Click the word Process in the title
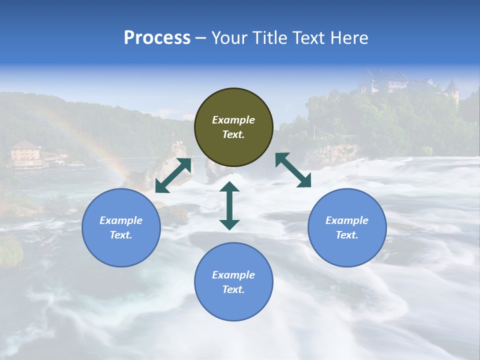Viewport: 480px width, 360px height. coord(157,38)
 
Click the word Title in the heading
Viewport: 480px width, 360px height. coord(268,38)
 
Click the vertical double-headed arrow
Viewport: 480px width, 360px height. coord(229,205)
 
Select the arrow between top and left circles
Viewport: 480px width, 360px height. coord(173,175)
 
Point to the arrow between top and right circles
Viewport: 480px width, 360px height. coord(293,170)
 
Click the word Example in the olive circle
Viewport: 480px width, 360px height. coord(233,120)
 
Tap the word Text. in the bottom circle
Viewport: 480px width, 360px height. coord(233,289)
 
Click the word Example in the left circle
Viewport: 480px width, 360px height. coord(121,220)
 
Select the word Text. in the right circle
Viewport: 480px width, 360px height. coord(347,235)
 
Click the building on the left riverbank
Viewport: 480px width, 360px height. coord(25,152)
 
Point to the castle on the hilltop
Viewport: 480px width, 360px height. coord(385,81)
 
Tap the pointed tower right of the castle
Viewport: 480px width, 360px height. coord(452,90)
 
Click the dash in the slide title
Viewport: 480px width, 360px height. coord(201,38)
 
